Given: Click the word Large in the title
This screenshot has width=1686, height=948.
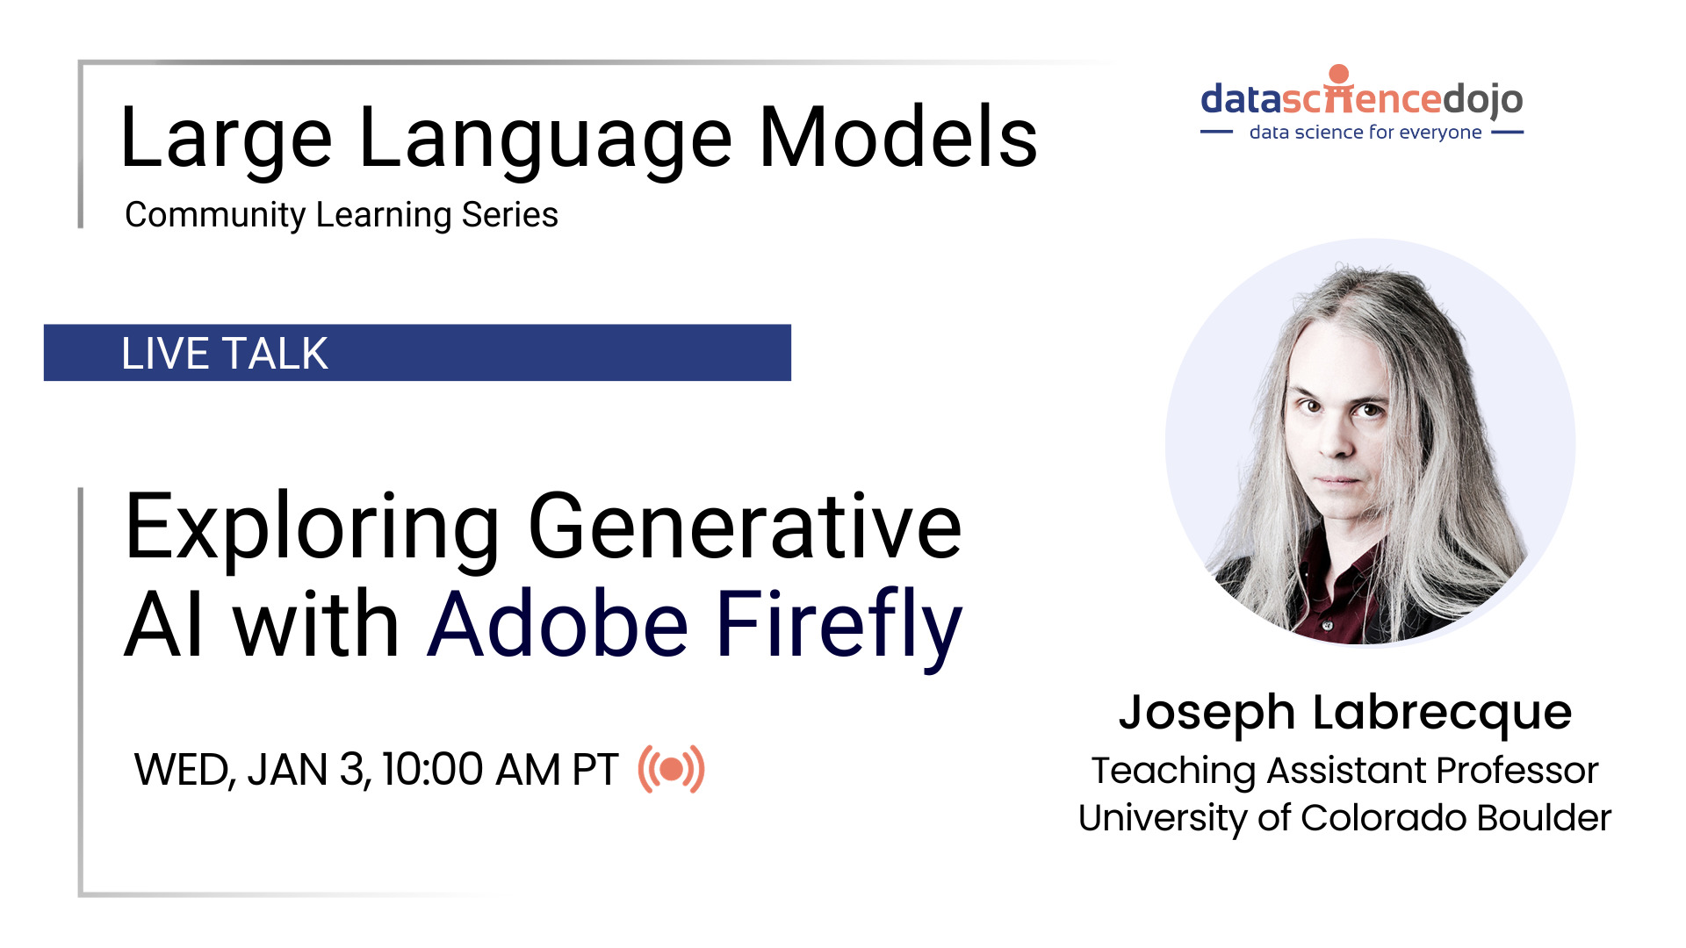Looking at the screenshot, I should (x=225, y=139).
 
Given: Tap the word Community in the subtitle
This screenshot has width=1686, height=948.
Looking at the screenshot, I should (x=214, y=215).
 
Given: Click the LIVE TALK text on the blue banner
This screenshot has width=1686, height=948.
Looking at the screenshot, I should (x=225, y=354).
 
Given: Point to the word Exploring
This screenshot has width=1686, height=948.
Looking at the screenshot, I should (x=312, y=529).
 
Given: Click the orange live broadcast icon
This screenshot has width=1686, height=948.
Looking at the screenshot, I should (x=672, y=770).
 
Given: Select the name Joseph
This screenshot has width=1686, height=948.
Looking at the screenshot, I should (x=1207, y=713).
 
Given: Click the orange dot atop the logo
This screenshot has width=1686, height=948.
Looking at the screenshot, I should (x=1338, y=74).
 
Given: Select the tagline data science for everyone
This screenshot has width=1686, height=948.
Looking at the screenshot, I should (x=1365, y=133).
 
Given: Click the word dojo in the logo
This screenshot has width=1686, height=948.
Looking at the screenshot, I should (x=1484, y=99).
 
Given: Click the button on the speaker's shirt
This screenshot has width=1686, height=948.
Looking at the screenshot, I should (x=1327, y=625).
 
